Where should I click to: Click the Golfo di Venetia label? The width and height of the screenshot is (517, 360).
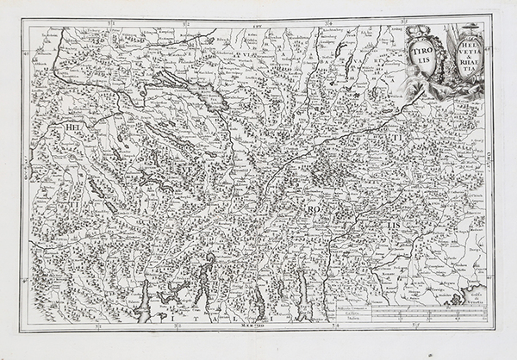(x=477, y=292)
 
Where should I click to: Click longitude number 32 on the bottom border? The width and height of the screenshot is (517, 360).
(x=176, y=326)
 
